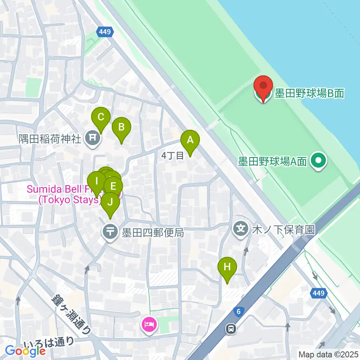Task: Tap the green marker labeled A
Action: [x=190, y=141]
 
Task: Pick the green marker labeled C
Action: [x=100, y=117]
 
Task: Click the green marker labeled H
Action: [x=227, y=268]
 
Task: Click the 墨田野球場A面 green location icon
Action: [x=318, y=161]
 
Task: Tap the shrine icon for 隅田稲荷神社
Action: [x=93, y=139]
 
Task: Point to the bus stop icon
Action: [x=231, y=329]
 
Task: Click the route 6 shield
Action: [x=238, y=311]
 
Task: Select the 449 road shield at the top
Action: [x=105, y=32]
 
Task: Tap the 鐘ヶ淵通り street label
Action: [x=71, y=314]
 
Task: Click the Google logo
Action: [x=25, y=351]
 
